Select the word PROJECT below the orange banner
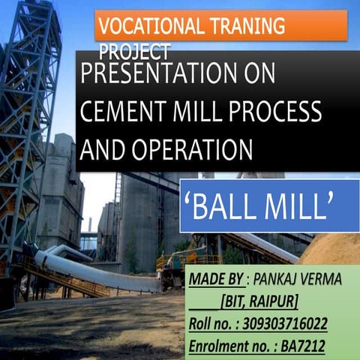tap(135, 52)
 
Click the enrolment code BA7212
tap(319, 346)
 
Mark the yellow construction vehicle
tap(176, 259)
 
